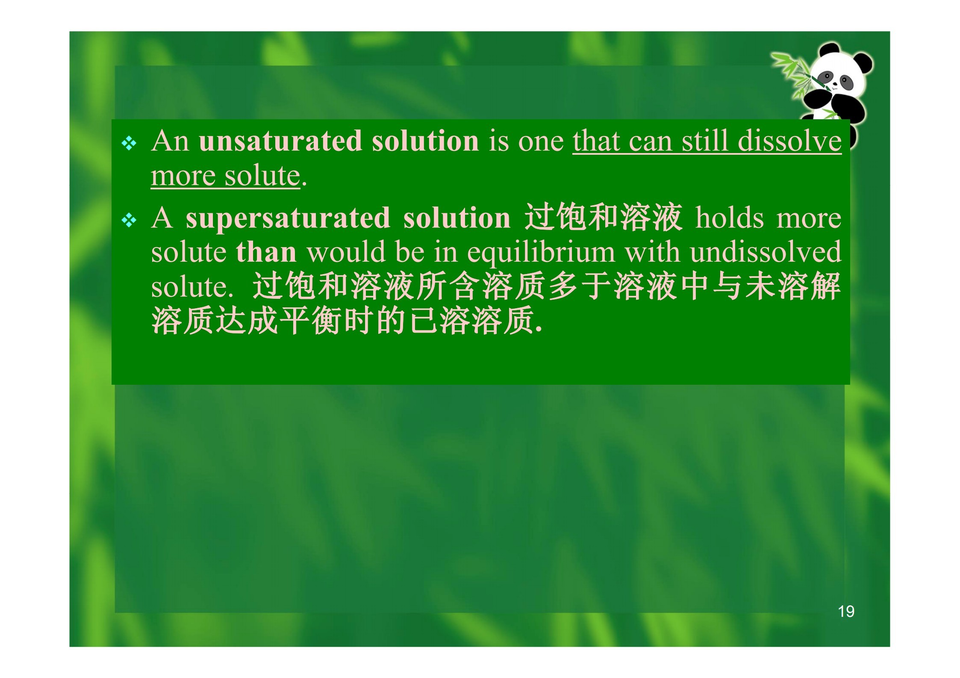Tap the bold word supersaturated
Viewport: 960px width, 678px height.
tap(288, 218)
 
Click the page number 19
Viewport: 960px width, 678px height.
tap(846, 612)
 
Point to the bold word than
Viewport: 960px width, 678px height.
tap(266, 252)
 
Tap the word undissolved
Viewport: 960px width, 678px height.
tap(766, 252)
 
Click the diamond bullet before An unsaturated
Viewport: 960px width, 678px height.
tap(129, 144)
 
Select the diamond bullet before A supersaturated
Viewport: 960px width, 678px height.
tap(129, 221)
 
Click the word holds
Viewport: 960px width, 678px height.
tap(729, 218)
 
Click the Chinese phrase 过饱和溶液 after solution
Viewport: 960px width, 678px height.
tap(603, 218)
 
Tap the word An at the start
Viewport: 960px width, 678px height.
tap(170, 141)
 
